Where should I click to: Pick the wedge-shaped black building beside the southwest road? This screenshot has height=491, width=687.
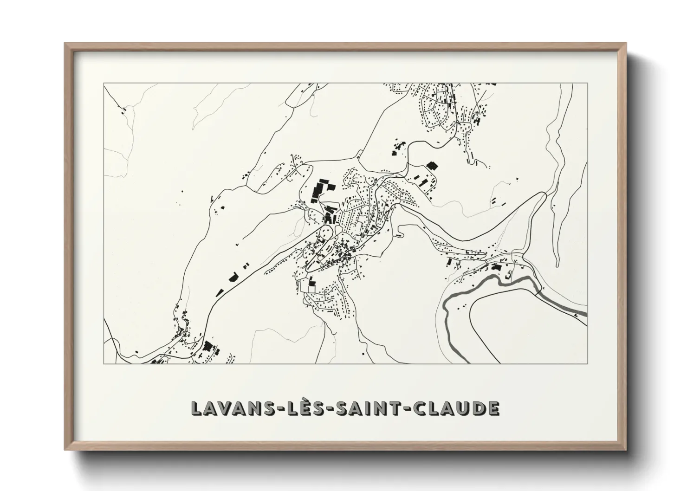tap(233, 277)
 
